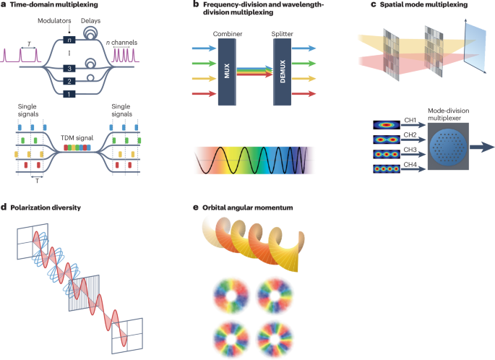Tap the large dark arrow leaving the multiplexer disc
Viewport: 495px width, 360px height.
[479, 144]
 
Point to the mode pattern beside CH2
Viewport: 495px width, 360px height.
[384, 139]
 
